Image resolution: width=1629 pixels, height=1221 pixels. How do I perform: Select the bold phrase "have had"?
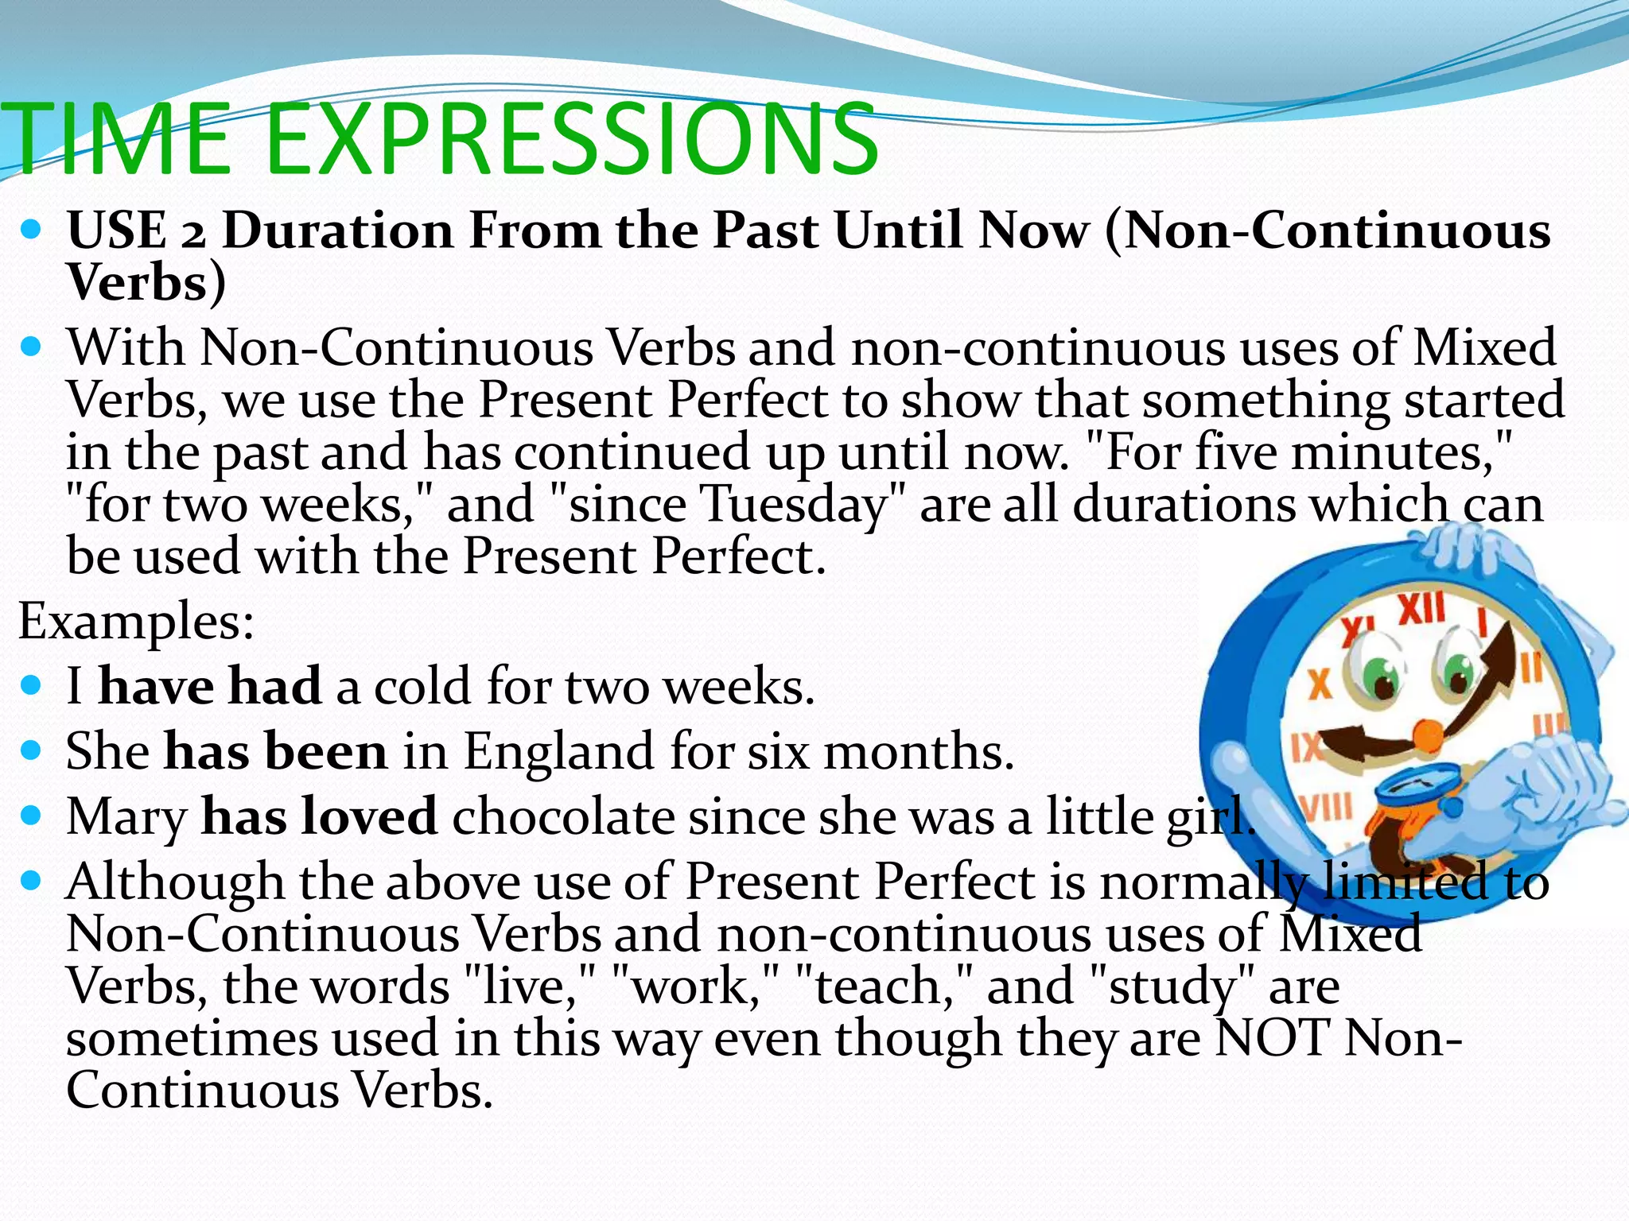(x=210, y=686)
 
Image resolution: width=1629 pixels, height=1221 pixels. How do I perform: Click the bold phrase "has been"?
(x=276, y=751)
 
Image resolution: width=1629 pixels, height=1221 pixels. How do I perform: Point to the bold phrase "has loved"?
(x=319, y=816)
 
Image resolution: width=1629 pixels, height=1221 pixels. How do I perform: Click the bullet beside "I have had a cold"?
(x=31, y=685)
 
